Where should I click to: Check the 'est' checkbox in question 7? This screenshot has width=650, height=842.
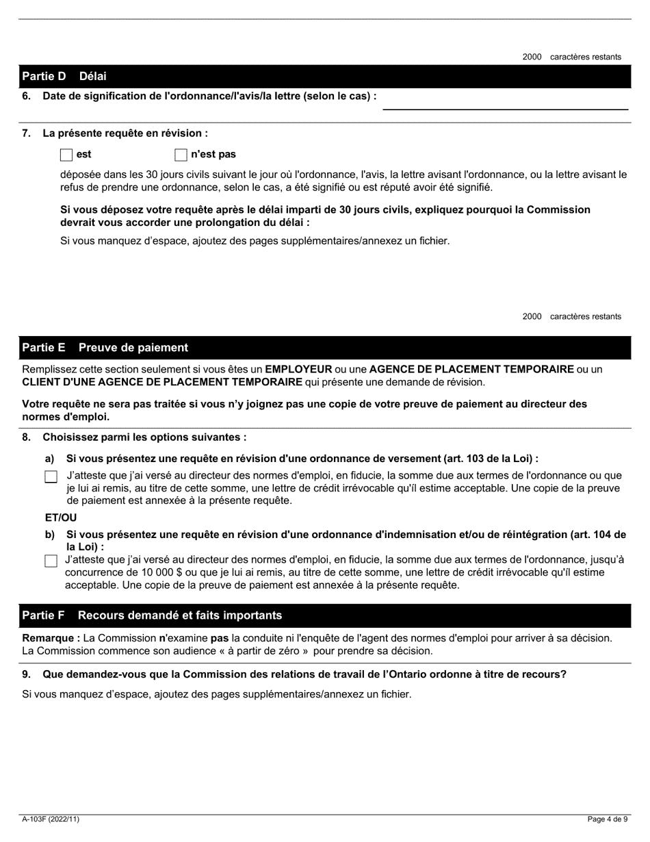click(x=66, y=155)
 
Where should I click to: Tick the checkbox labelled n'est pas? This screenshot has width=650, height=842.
click(x=181, y=155)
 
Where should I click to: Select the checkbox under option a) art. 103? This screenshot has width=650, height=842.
click(x=51, y=477)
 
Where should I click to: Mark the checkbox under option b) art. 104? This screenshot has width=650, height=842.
click(x=51, y=561)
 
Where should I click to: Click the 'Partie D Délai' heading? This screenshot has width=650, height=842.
click(x=64, y=76)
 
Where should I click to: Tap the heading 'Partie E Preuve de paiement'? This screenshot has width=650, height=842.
click(x=105, y=348)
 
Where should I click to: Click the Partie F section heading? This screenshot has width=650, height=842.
click(x=151, y=615)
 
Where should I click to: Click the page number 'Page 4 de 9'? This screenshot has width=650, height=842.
click(x=608, y=819)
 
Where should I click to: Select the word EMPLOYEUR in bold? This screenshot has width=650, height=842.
click(x=298, y=370)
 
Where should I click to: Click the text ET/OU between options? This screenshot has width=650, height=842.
click(x=61, y=518)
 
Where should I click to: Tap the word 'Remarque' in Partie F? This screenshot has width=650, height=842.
click(x=49, y=638)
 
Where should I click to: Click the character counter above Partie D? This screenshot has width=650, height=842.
click(x=571, y=57)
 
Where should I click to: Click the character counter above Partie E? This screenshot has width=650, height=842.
click(x=571, y=316)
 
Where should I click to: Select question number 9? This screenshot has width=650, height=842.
click(x=26, y=674)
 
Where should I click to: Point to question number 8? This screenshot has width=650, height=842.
click(x=26, y=437)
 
